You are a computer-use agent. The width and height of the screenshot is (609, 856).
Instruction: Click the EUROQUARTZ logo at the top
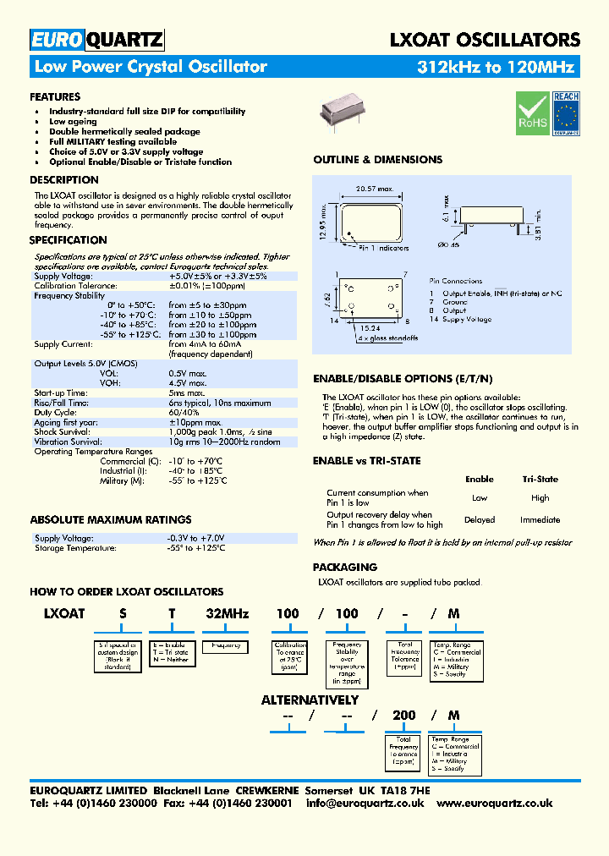[x=96, y=40]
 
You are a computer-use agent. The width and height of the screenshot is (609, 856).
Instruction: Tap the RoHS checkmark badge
[x=533, y=113]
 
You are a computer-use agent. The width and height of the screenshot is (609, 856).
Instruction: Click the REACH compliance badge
[x=566, y=113]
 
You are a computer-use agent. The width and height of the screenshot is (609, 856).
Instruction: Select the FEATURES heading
[x=55, y=96]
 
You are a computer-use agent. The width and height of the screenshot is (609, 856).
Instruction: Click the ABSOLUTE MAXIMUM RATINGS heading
[x=111, y=519]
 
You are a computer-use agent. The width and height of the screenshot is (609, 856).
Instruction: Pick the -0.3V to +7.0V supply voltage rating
[x=196, y=538]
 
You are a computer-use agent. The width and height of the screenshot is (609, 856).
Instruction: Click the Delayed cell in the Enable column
[x=480, y=519]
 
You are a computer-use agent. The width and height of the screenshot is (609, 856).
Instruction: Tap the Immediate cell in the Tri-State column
[x=540, y=519]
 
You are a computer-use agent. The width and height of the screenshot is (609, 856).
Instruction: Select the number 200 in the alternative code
[x=404, y=715]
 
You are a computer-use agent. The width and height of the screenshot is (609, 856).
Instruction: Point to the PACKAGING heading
[x=345, y=567]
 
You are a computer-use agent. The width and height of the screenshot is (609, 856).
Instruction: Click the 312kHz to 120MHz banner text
[x=497, y=68]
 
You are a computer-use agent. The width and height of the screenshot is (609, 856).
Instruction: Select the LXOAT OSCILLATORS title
[x=484, y=40]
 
